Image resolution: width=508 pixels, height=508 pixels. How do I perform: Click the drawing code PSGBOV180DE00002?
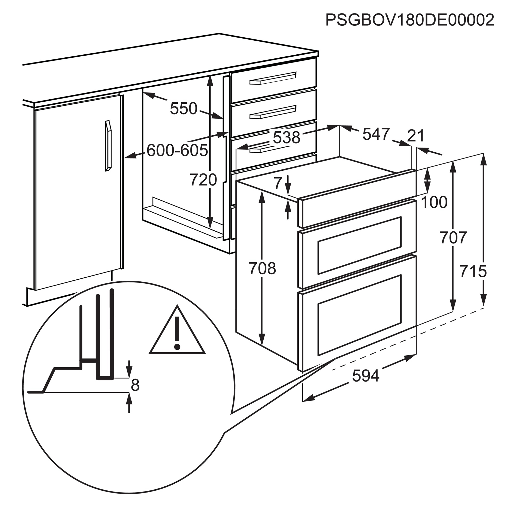pos(410,20)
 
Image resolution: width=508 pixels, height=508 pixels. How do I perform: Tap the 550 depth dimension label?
pos(184,108)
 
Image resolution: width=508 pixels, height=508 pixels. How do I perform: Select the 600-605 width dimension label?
pos(177,150)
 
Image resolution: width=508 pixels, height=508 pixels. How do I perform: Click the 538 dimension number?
pos(286,137)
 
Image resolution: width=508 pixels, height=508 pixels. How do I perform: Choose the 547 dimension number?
pos(376,134)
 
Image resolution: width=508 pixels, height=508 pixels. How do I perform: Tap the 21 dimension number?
pos(416,136)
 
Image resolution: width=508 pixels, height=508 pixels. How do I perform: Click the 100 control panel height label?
pos(434,202)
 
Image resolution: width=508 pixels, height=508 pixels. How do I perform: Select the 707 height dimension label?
pos(453,237)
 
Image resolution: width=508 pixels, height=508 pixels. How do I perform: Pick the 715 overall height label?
pos(473,271)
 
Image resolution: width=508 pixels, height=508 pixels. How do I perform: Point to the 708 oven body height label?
pos(262,268)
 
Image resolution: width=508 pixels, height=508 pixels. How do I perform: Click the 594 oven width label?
pos(366,376)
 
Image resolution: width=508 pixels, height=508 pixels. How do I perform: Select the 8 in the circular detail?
pos(135,385)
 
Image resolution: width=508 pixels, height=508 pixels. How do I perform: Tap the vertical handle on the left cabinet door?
pos(108,146)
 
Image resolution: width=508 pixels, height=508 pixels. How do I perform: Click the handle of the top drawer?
pos(273,78)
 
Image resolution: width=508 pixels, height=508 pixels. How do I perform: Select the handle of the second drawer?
pos(273,112)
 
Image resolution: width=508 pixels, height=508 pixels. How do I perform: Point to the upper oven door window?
pos(359,246)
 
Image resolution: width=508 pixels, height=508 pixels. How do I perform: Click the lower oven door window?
pos(359,315)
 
